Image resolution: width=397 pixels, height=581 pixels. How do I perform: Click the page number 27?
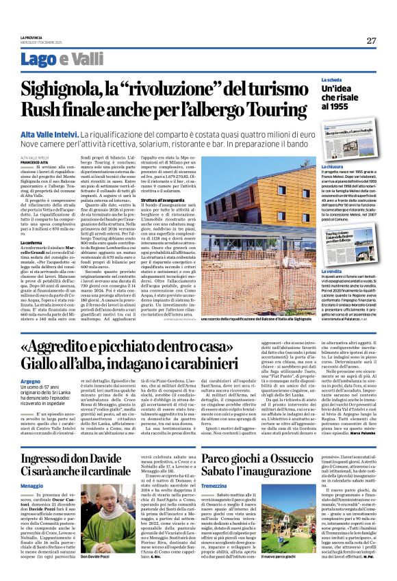371,40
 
